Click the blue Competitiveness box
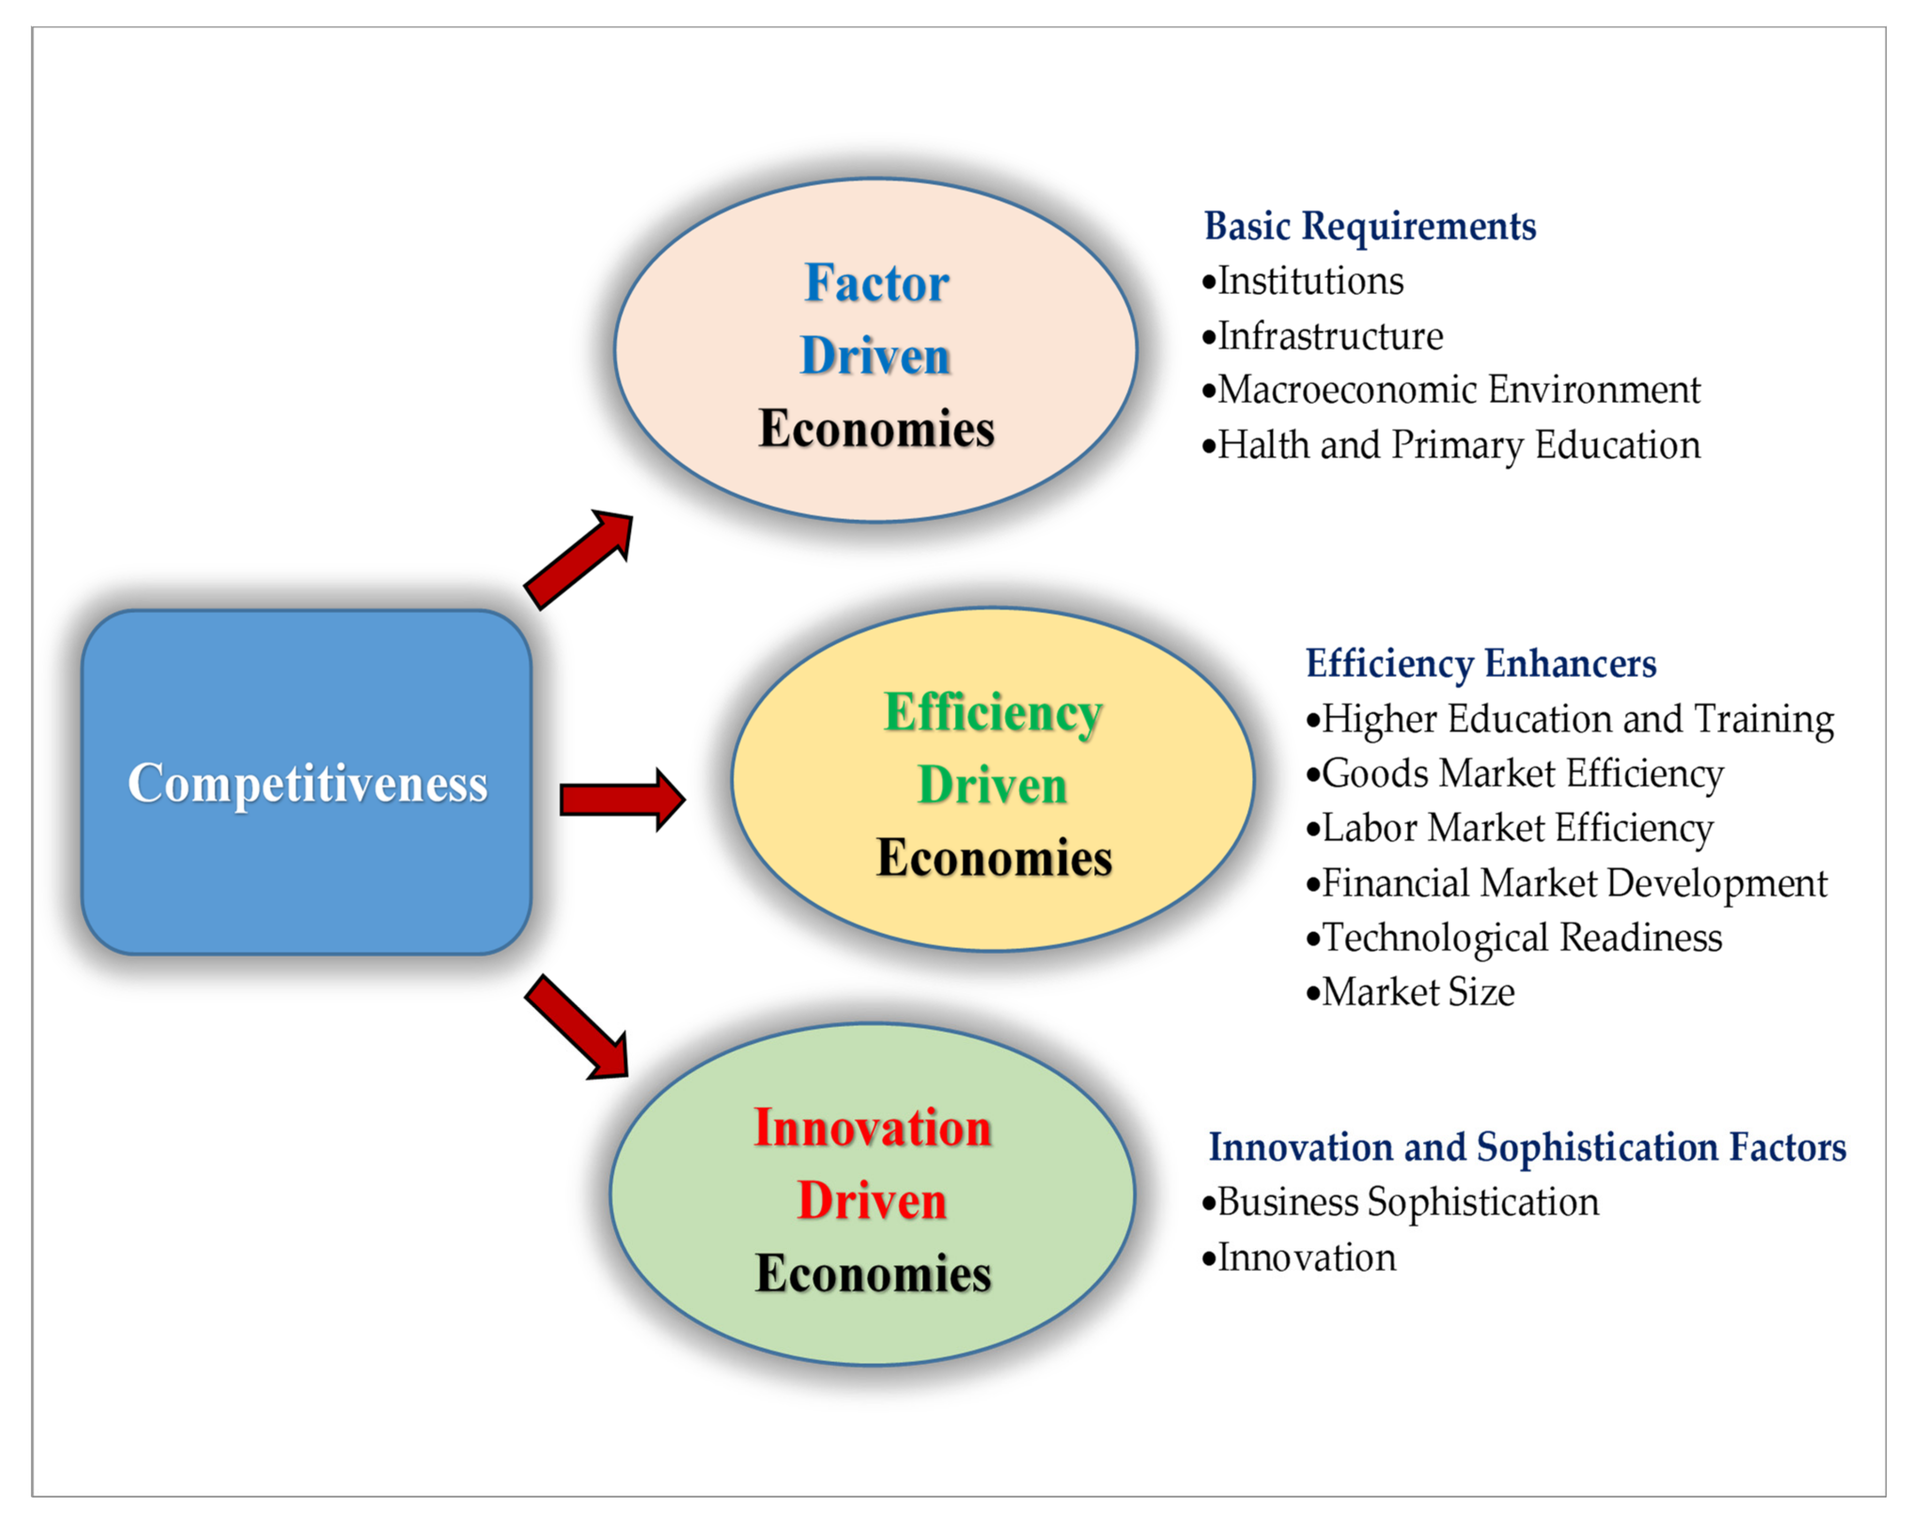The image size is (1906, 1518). (x=306, y=782)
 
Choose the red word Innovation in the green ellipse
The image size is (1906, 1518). (x=873, y=1129)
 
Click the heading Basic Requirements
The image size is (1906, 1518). (x=1370, y=226)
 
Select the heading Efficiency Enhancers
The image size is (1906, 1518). (x=1481, y=664)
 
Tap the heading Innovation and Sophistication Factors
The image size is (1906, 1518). (x=1527, y=1147)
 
